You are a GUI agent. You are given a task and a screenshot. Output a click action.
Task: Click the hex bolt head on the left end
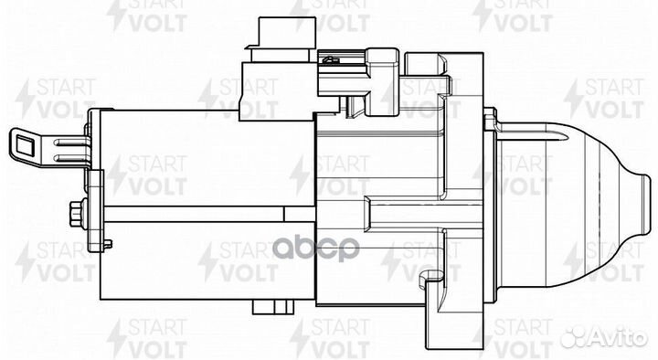(76, 215)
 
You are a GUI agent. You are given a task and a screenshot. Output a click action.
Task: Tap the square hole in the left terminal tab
(24, 144)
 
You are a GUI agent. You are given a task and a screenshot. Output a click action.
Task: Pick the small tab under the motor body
(272, 307)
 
